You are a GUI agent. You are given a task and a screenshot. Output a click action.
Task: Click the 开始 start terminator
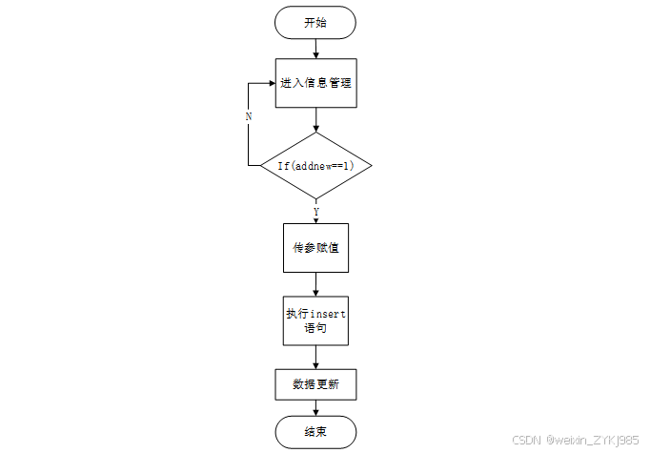point(315,22)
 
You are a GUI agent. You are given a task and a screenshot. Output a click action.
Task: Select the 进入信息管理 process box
point(315,83)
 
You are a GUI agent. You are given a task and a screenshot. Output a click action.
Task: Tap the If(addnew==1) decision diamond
point(315,165)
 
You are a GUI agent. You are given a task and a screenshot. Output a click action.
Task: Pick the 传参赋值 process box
point(315,247)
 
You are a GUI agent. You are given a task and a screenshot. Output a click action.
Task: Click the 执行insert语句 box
point(315,320)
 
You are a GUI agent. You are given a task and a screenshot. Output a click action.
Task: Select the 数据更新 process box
point(315,385)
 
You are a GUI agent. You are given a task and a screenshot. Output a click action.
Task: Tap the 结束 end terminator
point(315,432)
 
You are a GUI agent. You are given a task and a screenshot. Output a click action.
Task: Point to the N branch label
point(249,115)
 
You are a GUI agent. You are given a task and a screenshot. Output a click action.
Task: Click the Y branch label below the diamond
point(315,211)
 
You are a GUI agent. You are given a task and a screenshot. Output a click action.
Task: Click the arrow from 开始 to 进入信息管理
point(315,50)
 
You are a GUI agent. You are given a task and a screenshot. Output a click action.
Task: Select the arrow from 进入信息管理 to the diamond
point(315,118)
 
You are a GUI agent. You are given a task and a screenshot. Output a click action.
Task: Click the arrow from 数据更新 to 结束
point(315,408)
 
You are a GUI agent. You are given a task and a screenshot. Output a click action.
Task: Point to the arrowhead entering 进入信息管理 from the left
point(271,83)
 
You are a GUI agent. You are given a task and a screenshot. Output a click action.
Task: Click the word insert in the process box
point(328,313)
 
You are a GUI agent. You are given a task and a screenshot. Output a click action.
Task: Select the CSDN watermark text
point(526,440)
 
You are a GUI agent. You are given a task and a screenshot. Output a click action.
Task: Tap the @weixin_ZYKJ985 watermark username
point(592,440)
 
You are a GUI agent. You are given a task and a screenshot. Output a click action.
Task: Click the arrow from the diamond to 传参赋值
point(315,215)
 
